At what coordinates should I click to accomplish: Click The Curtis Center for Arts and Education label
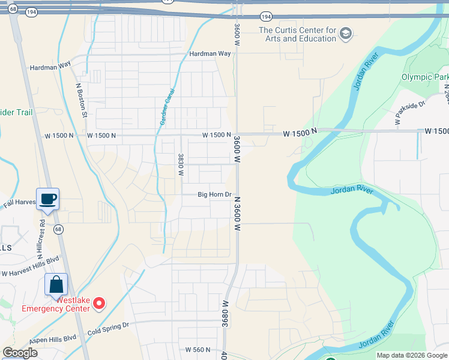click(x=297, y=34)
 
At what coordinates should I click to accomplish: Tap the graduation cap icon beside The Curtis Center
click(x=345, y=33)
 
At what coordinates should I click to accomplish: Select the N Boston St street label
click(x=82, y=99)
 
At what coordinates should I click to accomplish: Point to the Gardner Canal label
click(x=167, y=107)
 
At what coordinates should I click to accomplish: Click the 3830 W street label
click(x=180, y=164)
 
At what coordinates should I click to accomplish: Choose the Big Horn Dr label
click(x=214, y=194)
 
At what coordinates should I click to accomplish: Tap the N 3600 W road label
click(x=237, y=214)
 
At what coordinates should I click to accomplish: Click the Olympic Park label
click(x=424, y=77)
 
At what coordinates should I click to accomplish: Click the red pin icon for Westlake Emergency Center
click(x=100, y=305)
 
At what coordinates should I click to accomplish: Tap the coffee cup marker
click(x=47, y=199)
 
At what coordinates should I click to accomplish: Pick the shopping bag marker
click(x=56, y=285)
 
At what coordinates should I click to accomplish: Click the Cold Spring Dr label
click(x=108, y=326)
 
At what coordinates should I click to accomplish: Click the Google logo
click(x=20, y=353)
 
